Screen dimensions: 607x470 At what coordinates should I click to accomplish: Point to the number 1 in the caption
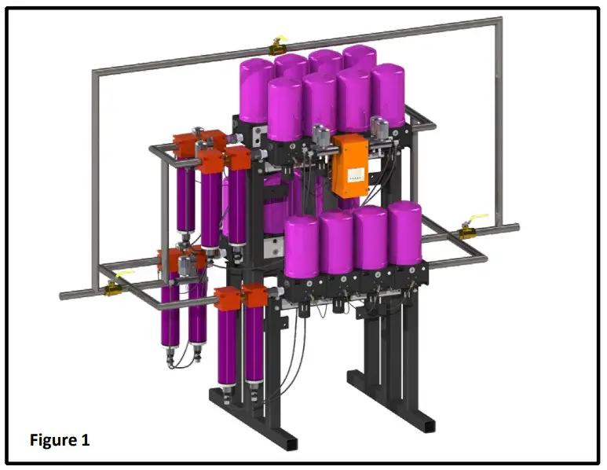[85, 440]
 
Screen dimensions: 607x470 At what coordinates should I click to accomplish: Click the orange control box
[350, 165]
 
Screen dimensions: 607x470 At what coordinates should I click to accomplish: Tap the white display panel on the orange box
[356, 174]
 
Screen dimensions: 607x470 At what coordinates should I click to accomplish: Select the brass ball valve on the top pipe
[277, 49]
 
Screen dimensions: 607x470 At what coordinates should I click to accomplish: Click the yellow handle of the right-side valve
[478, 218]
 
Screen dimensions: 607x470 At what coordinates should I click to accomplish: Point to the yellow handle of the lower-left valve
[124, 274]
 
